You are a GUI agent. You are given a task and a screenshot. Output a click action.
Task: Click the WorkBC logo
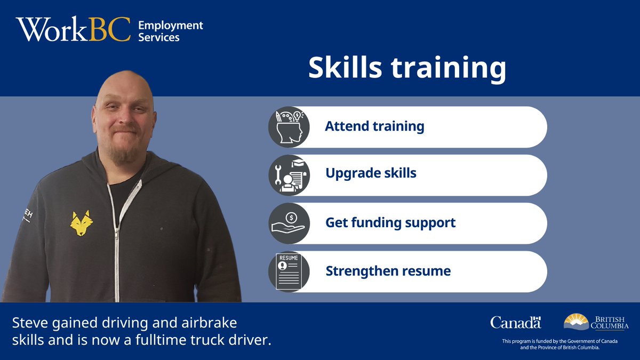(x=73, y=30)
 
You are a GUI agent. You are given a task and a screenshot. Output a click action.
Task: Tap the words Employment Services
(x=170, y=31)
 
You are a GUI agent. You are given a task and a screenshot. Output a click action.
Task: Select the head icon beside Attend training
(x=289, y=127)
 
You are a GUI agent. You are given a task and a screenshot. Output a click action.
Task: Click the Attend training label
(x=374, y=127)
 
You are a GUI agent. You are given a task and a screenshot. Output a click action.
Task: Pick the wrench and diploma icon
(x=289, y=175)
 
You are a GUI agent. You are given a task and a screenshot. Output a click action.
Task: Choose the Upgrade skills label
(x=371, y=173)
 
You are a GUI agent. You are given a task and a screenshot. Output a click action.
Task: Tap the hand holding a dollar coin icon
(x=289, y=223)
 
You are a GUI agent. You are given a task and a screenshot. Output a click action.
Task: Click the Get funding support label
(x=390, y=222)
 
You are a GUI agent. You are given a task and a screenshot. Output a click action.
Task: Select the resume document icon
(x=289, y=271)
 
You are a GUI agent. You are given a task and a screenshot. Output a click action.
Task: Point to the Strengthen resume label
(x=388, y=271)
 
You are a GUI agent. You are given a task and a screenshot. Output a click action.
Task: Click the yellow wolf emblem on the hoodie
(x=82, y=223)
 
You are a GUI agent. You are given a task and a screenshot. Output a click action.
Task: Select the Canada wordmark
(x=515, y=322)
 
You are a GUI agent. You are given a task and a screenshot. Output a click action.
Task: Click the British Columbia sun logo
(x=576, y=322)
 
